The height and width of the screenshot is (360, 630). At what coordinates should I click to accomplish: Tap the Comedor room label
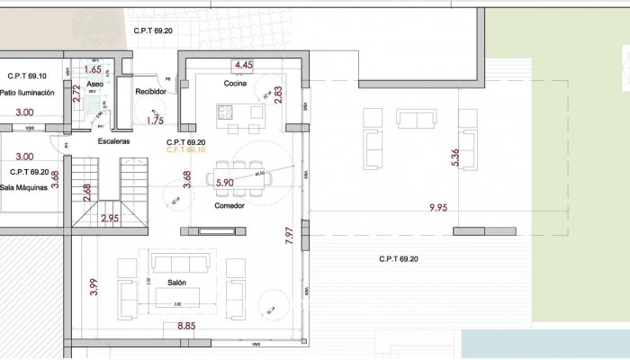(x=230, y=206)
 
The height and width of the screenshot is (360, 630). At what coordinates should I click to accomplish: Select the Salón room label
(x=176, y=282)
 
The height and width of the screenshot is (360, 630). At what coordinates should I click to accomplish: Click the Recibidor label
(x=150, y=92)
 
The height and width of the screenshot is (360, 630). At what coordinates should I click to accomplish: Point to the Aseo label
(x=95, y=84)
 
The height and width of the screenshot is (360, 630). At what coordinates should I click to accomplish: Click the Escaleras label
(x=114, y=141)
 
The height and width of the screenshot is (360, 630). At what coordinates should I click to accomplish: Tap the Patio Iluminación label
(x=28, y=93)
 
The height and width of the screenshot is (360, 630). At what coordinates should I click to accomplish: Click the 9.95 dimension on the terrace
(x=438, y=208)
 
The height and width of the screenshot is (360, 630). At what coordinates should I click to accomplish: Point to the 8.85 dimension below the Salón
(x=186, y=326)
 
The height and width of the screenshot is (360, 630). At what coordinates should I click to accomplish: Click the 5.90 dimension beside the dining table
(x=225, y=183)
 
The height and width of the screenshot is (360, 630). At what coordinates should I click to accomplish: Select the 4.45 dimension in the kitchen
(x=243, y=65)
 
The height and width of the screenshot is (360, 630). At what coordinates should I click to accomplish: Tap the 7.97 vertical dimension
(x=289, y=237)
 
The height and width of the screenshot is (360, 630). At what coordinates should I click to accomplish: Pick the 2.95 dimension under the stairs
(x=110, y=218)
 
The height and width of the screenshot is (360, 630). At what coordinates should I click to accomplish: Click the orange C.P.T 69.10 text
(x=186, y=151)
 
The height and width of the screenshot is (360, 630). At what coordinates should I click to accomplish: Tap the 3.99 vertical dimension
(x=94, y=288)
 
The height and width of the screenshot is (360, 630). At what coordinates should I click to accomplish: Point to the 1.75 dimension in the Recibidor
(x=155, y=120)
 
